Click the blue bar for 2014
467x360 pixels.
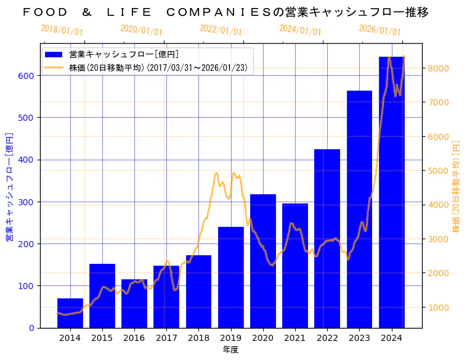point(70,313)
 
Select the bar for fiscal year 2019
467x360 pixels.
point(230,277)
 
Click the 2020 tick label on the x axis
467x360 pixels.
point(262,338)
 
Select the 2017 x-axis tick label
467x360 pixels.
point(166,338)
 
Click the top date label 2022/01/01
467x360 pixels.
point(221,30)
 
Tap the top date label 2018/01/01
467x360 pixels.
point(62,30)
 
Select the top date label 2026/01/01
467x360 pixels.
point(380,30)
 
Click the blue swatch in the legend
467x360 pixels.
point(54,54)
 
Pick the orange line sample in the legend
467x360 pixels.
point(54,68)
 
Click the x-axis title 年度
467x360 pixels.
point(230,350)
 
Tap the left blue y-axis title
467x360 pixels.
point(9,186)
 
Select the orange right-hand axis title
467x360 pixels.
point(457,186)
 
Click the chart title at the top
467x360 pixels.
point(225,12)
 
